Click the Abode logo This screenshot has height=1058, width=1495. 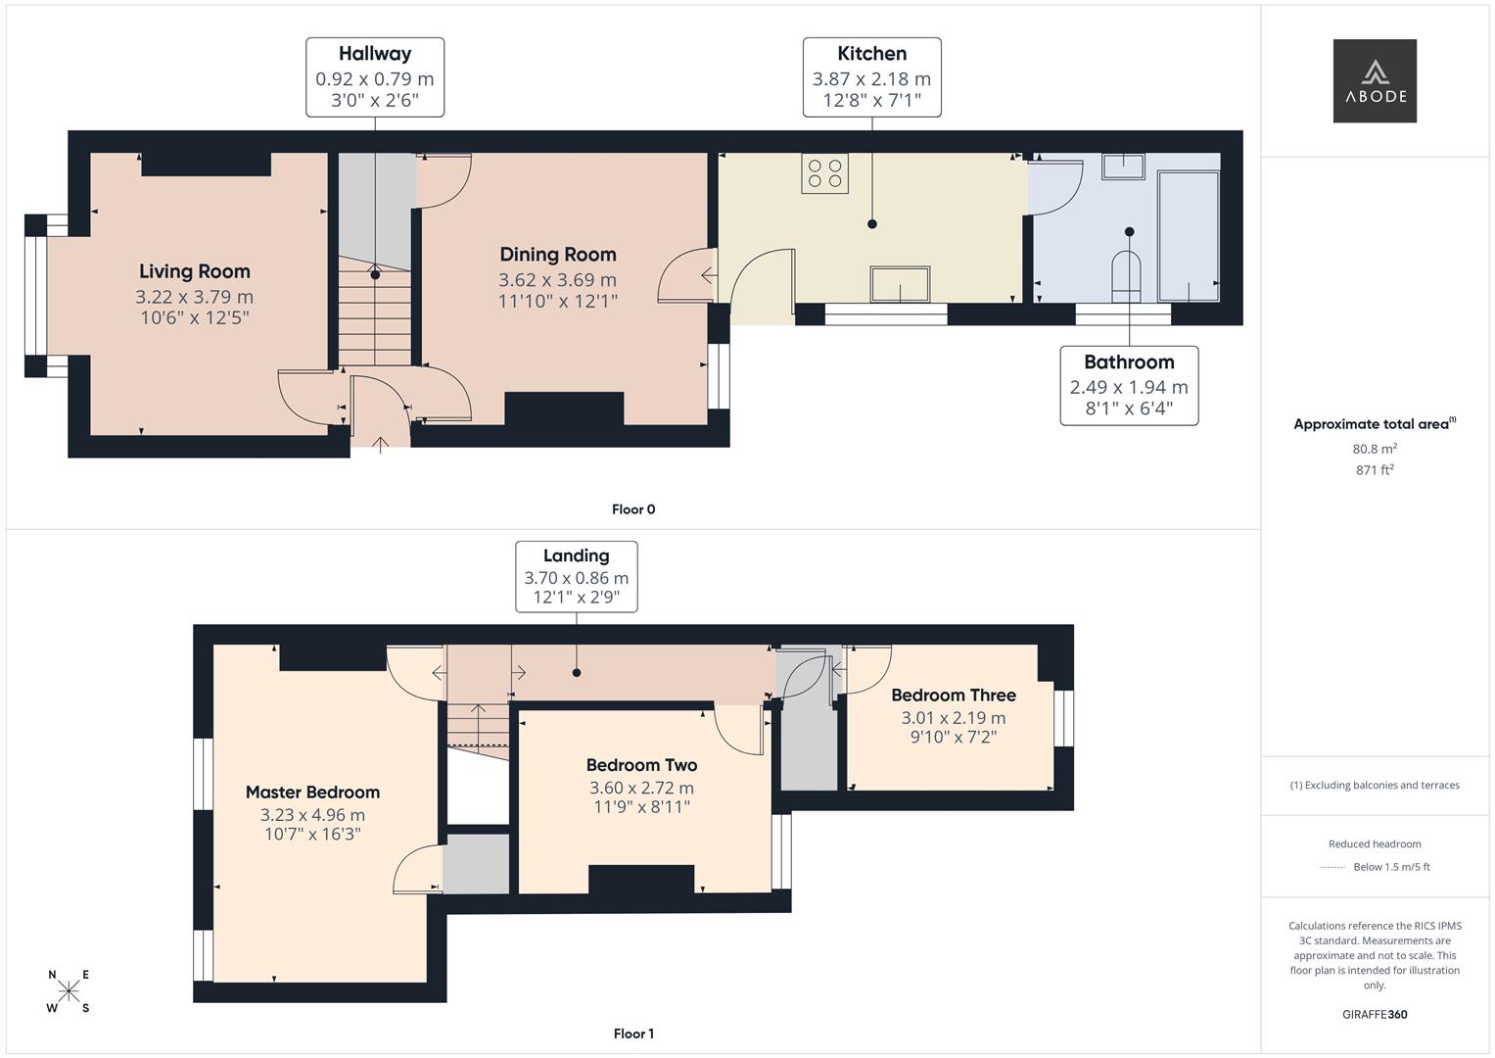click(x=1375, y=81)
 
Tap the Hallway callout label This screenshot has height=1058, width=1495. click(x=375, y=77)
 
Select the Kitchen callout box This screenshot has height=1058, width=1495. click(x=871, y=77)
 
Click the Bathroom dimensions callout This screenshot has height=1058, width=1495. click(x=1129, y=386)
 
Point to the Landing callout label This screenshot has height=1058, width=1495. click(x=576, y=576)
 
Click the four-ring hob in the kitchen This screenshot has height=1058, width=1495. click(x=824, y=173)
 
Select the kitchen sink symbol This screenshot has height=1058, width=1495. click(x=900, y=285)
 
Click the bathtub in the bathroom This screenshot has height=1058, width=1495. click(x=1189, y=236)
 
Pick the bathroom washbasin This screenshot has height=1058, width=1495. click(x=1123, y=167)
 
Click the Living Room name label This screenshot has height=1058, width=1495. click(x=194, y=271)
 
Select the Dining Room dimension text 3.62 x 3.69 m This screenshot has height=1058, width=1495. click(x=557, y=279)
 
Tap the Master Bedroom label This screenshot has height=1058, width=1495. click(x=312, y=792)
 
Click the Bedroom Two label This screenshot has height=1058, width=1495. click(x=641, y=765)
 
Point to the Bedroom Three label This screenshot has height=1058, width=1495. click(x=953, y=695)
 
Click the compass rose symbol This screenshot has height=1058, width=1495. click(x=69, y=990)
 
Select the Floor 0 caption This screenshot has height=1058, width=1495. click(x=633, y=509)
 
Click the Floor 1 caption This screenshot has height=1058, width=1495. click(x=633, y=1034)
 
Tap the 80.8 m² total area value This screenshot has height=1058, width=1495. click(x=1375, y=449)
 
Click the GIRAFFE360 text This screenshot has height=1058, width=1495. click(x=1375, y=1014)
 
